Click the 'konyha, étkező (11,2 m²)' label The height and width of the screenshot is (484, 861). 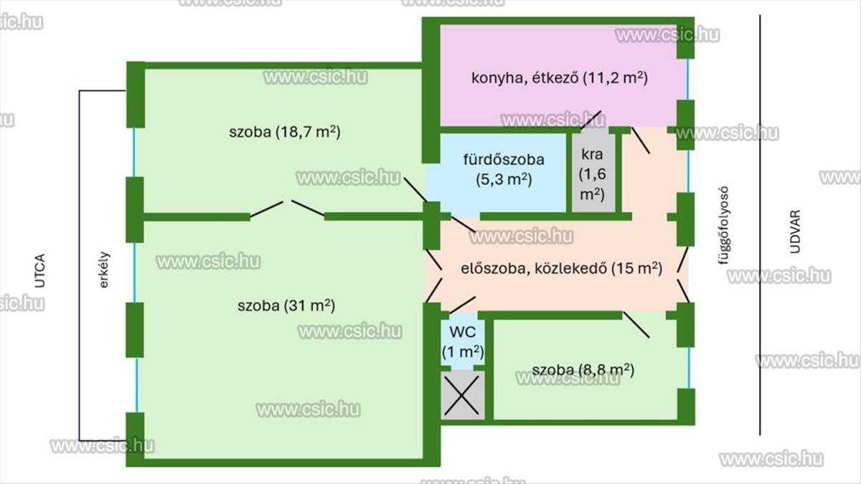(x=559, y=78)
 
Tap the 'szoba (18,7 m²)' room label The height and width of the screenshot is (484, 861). (x=285, y=132)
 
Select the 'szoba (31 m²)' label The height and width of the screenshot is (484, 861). (x=286, y=305)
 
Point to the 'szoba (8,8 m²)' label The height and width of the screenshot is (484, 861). (x=583, y=369)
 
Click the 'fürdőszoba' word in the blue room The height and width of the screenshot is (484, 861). (x=504, y=159)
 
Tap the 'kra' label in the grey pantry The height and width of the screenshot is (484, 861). (x=592, y=154)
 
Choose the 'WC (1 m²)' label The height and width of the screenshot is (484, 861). (x=463, y=342)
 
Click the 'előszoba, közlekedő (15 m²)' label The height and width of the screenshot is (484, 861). (x=562, y=268)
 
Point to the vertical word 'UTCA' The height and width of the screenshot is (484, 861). (x=39, y=270)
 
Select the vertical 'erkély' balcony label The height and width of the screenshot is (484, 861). (x=104, y=270)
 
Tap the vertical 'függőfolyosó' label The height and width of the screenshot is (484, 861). (x=723, y=225)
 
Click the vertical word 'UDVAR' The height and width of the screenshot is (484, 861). (x=795, y=232)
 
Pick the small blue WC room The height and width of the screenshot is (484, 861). (x=463, y=342)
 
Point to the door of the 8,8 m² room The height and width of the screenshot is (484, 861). (x=636, y=325)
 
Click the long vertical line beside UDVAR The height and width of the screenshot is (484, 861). (x=760, y=225)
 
